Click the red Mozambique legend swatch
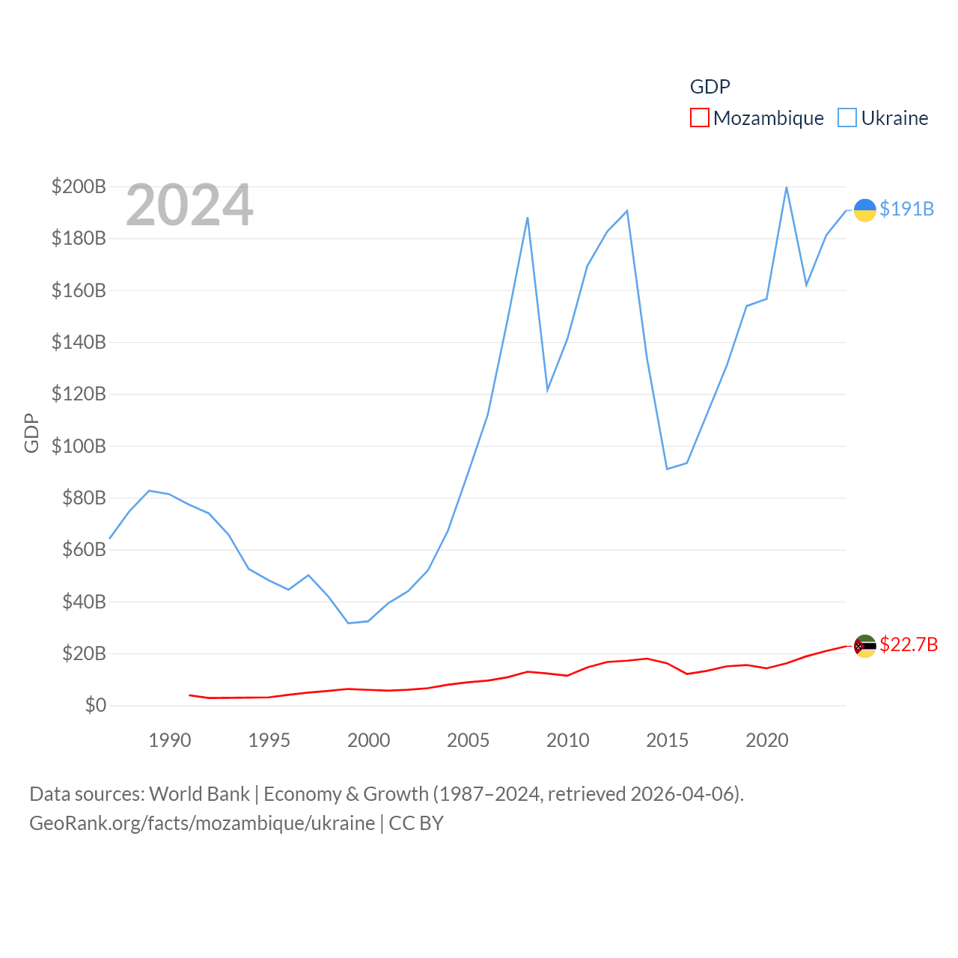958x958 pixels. click(x=699, y=118)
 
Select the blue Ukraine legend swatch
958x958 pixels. click(x=846, y=118)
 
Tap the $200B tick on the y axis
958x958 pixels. click(x=79, y=186)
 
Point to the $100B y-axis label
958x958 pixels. click(x=79, y=446)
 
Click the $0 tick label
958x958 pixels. click(x=95, y=705)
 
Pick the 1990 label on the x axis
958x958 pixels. click(x=170, y=740)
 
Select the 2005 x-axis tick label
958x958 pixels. click(x=468, y=740)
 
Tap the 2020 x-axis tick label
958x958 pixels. click(x=766, y=740)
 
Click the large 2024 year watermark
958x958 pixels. click(x=189, y=205)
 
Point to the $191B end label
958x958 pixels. click(x=906, y=209)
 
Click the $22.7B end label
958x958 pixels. click(x=909, y=644)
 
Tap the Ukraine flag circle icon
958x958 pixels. click(x=864, y=210)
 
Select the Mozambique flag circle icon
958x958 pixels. click(x=864, y=646)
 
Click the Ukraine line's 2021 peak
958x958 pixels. click(x=786, y=187)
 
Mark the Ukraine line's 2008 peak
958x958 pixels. click(x=528, y=218)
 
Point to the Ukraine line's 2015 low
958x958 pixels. click(x=667, y=469)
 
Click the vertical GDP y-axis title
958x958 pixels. click(x=31, y=433)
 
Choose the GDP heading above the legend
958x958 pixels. click(x=710, y=87)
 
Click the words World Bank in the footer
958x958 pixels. click(x=199, y=793)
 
